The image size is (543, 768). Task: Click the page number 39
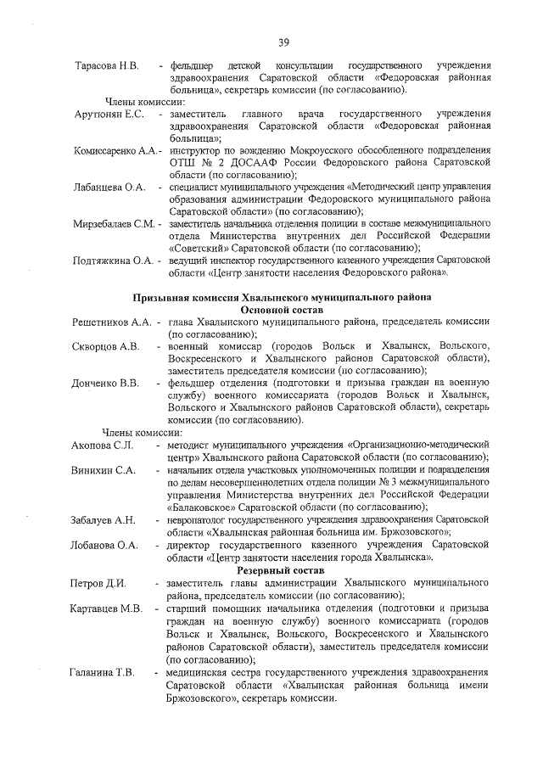(283, 42)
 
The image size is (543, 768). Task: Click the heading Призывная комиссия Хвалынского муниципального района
(283, 298)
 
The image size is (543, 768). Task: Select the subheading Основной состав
(283, 310)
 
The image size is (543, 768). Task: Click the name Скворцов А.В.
(105, 346)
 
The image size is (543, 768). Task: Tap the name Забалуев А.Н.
(103, 519)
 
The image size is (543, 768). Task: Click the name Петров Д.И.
(98, 584)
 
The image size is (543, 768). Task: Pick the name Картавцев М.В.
(106, 609)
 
